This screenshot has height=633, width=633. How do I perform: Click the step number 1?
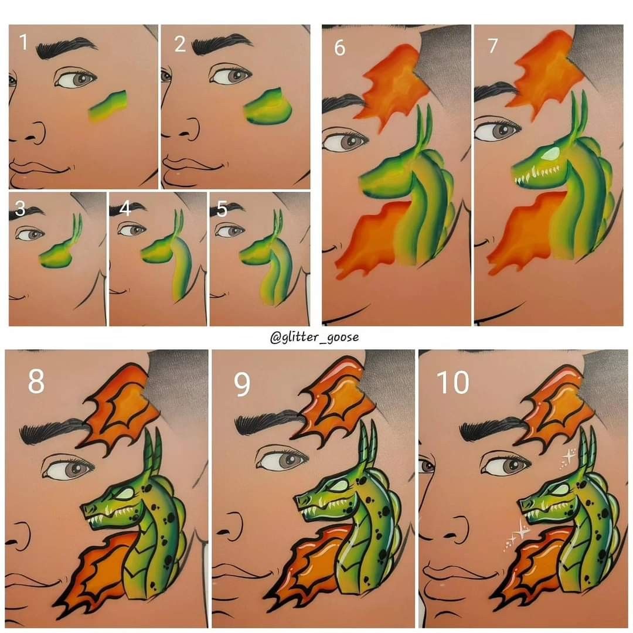coord(23,42)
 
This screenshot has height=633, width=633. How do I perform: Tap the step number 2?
coord(180,43)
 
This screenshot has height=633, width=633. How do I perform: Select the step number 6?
coord(339,47)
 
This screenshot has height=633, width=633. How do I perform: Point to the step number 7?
coord(492,46)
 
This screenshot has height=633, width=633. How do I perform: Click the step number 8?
coord(36,381)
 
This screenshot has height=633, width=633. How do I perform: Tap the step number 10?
coord(452,382)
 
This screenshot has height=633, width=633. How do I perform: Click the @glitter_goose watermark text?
coord(314,337)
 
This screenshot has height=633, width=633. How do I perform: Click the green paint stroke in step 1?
coord(107,105)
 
